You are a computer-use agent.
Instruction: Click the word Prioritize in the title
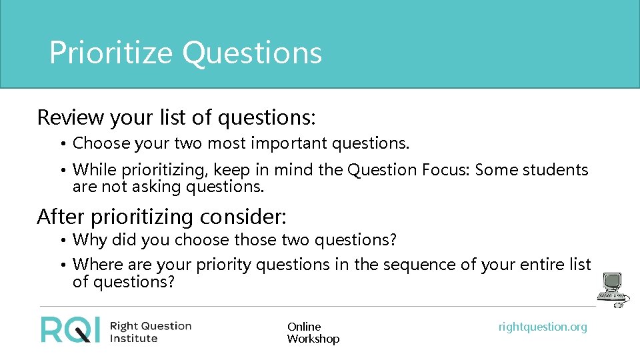pos(111,53)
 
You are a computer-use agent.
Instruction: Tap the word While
pos(92,170)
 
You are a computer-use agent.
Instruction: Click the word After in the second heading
pos(60,217)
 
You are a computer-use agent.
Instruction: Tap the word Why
pos(89,239)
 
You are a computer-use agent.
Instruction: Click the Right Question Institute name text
pos(150,331)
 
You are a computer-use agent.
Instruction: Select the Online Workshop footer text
pos(313,333)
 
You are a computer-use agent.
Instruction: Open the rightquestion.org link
pos(543,327)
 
